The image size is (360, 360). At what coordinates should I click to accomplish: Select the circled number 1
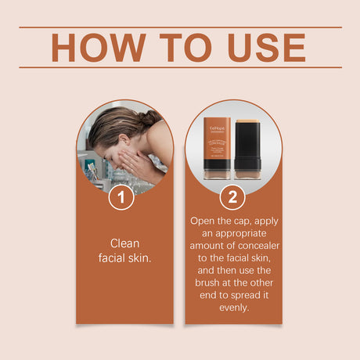pos(121,196)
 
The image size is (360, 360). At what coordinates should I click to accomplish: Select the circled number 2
pos(232,196)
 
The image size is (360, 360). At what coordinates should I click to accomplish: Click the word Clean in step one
pos(124,243)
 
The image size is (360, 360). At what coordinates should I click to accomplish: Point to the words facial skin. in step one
pos(124,257)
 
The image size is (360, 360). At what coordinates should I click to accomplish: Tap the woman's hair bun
pos(149,117)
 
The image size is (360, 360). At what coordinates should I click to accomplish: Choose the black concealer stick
pos(247,146)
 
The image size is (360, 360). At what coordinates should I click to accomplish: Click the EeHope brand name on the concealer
pos(216,124)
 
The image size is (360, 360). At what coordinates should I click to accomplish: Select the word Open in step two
pos(206,221)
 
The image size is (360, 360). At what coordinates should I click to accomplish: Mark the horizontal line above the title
pos(180,27)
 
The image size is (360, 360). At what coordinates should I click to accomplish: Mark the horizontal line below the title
pos(180,68)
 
